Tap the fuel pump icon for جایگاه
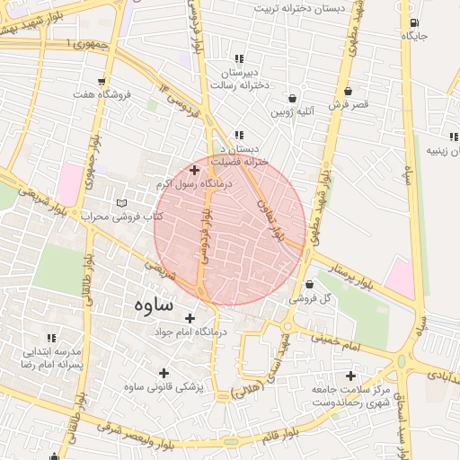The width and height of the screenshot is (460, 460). pos(412,22)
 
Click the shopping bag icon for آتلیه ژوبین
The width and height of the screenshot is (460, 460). pos(292,98)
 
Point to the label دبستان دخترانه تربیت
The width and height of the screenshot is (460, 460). pos(300,8)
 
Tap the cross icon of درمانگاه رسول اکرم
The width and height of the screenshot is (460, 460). pos(194,169)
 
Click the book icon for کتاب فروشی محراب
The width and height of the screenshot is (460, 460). pos(122,204)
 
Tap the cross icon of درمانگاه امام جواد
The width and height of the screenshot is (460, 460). pos(190,318)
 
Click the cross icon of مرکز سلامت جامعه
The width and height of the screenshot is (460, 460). pos(350,376)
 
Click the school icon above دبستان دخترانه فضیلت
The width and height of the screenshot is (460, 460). pos(238,135)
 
